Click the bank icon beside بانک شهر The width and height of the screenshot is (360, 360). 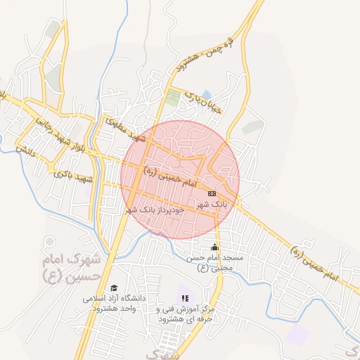point(212,193)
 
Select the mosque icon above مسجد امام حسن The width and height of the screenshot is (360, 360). point(214,247)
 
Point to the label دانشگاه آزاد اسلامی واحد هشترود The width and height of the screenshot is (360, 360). point(114,303)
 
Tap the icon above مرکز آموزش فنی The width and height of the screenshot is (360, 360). point(185,298)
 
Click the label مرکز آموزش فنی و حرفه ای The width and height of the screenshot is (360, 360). point(185,314)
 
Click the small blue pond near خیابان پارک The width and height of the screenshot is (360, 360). point(206,94)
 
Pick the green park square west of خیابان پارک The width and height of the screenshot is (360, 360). point(173,97)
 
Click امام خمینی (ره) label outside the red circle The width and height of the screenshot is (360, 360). point(314,262)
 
